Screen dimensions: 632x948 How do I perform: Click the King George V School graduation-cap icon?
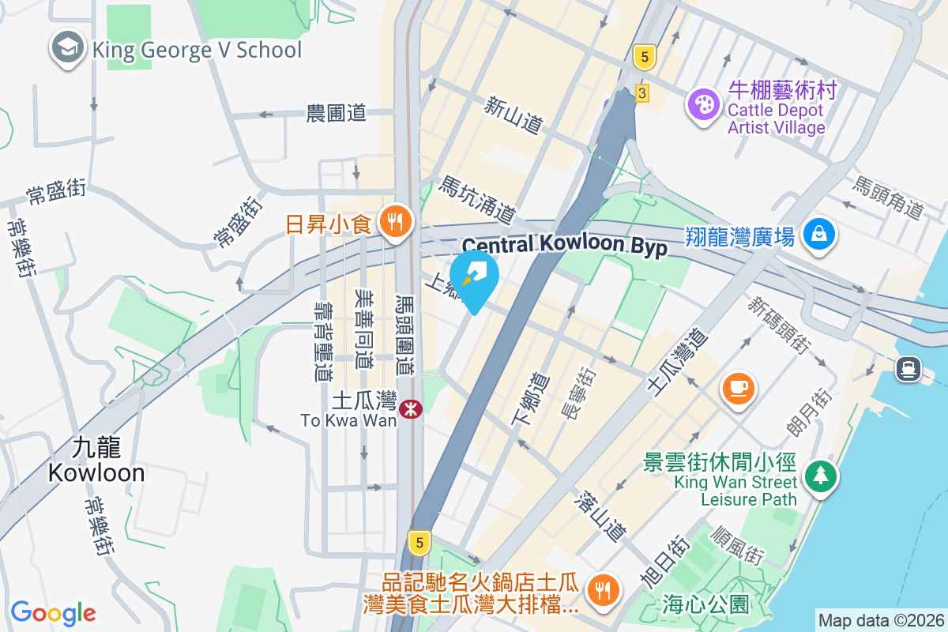point(68,49)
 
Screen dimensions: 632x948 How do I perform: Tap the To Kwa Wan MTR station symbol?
point(410,408)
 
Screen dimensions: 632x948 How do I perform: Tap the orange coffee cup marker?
point(739,387)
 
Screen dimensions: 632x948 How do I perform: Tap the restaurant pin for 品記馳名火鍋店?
point(603,589)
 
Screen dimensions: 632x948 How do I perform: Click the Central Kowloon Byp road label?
point(564,245)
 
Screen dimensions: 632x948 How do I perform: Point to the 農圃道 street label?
point(337,113)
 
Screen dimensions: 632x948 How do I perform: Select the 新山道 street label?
point(513,115)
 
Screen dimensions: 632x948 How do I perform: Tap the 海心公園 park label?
point(705,605)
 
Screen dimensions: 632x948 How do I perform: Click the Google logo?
point(53,613)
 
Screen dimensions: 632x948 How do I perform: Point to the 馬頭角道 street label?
point(888,197)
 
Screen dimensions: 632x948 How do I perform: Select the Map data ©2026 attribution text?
point(880,620)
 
